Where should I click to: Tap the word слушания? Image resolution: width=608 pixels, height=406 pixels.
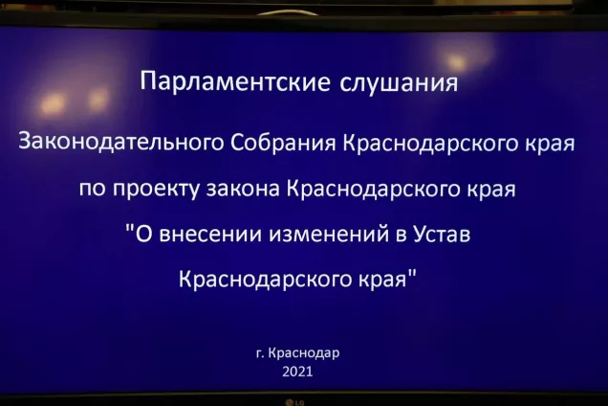pyautogui.click(x=400, y=83)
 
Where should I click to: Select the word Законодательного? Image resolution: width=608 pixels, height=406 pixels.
pyautogui.click(x=122, y=144)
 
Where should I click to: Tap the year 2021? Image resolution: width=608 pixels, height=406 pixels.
pyautogui.click(x=297, y=372)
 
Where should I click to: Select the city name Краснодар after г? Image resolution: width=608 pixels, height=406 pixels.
pyautogui.click(x=305, y=352)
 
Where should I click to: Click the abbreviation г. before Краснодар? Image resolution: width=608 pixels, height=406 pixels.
pyautogui.click(x=260, y=353)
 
